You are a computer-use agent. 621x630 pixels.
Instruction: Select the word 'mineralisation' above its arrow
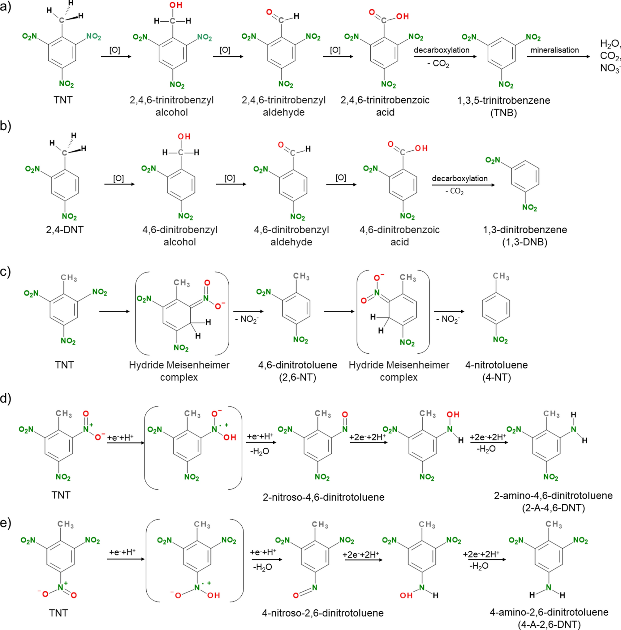click(x=554, y=50)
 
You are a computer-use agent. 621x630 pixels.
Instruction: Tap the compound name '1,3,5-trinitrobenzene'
click(x=504, y=100)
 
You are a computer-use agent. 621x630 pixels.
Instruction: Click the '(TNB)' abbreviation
click(x=504, y=113)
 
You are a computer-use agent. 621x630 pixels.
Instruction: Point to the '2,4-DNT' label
click(x=65, y=230)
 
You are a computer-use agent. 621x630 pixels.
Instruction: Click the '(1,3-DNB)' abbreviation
click(x=525, y=242)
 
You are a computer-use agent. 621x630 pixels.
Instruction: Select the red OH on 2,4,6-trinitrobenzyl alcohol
click(x=176, y=6)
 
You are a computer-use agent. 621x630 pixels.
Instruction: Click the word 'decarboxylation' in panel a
click(x=441, y=50)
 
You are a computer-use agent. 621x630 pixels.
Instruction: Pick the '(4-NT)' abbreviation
click(x=496, y=377)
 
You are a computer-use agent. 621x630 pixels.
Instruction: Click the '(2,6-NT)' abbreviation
click(x=297, y=377)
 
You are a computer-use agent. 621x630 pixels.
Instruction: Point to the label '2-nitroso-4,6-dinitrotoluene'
click(x=323, y=497)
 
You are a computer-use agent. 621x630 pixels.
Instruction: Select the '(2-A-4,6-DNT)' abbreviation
click(x=553, y=508)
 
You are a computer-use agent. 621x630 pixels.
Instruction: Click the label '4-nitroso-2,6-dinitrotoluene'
click(x=323, y=613)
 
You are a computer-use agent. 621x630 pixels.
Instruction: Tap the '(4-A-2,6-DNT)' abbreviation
click(x=549, y=624)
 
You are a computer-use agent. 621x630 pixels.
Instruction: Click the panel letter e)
click(x=6, y=522)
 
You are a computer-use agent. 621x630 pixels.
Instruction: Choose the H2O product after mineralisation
click(x=609, y=43)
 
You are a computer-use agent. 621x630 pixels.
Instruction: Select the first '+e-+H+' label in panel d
click(x=120, y=437)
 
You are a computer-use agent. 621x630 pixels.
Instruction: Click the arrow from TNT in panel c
click(x=114, y=311)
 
